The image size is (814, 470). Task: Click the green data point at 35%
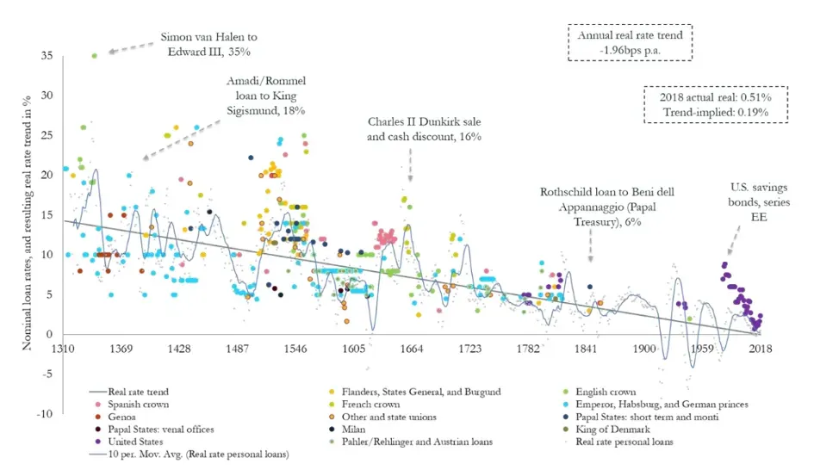94,56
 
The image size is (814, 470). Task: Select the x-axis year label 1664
412,348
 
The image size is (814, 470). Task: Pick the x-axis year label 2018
759,348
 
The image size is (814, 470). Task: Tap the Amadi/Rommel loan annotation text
265,96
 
